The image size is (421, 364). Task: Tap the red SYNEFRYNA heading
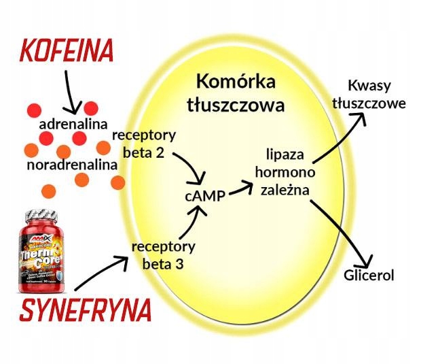click(85, 310)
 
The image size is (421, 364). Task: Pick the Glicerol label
click(369, 275)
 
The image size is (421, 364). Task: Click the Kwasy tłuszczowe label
click(376, 95)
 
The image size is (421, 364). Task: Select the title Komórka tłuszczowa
click(236, 94)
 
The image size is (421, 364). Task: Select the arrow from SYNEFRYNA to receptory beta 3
click(100, 273)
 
